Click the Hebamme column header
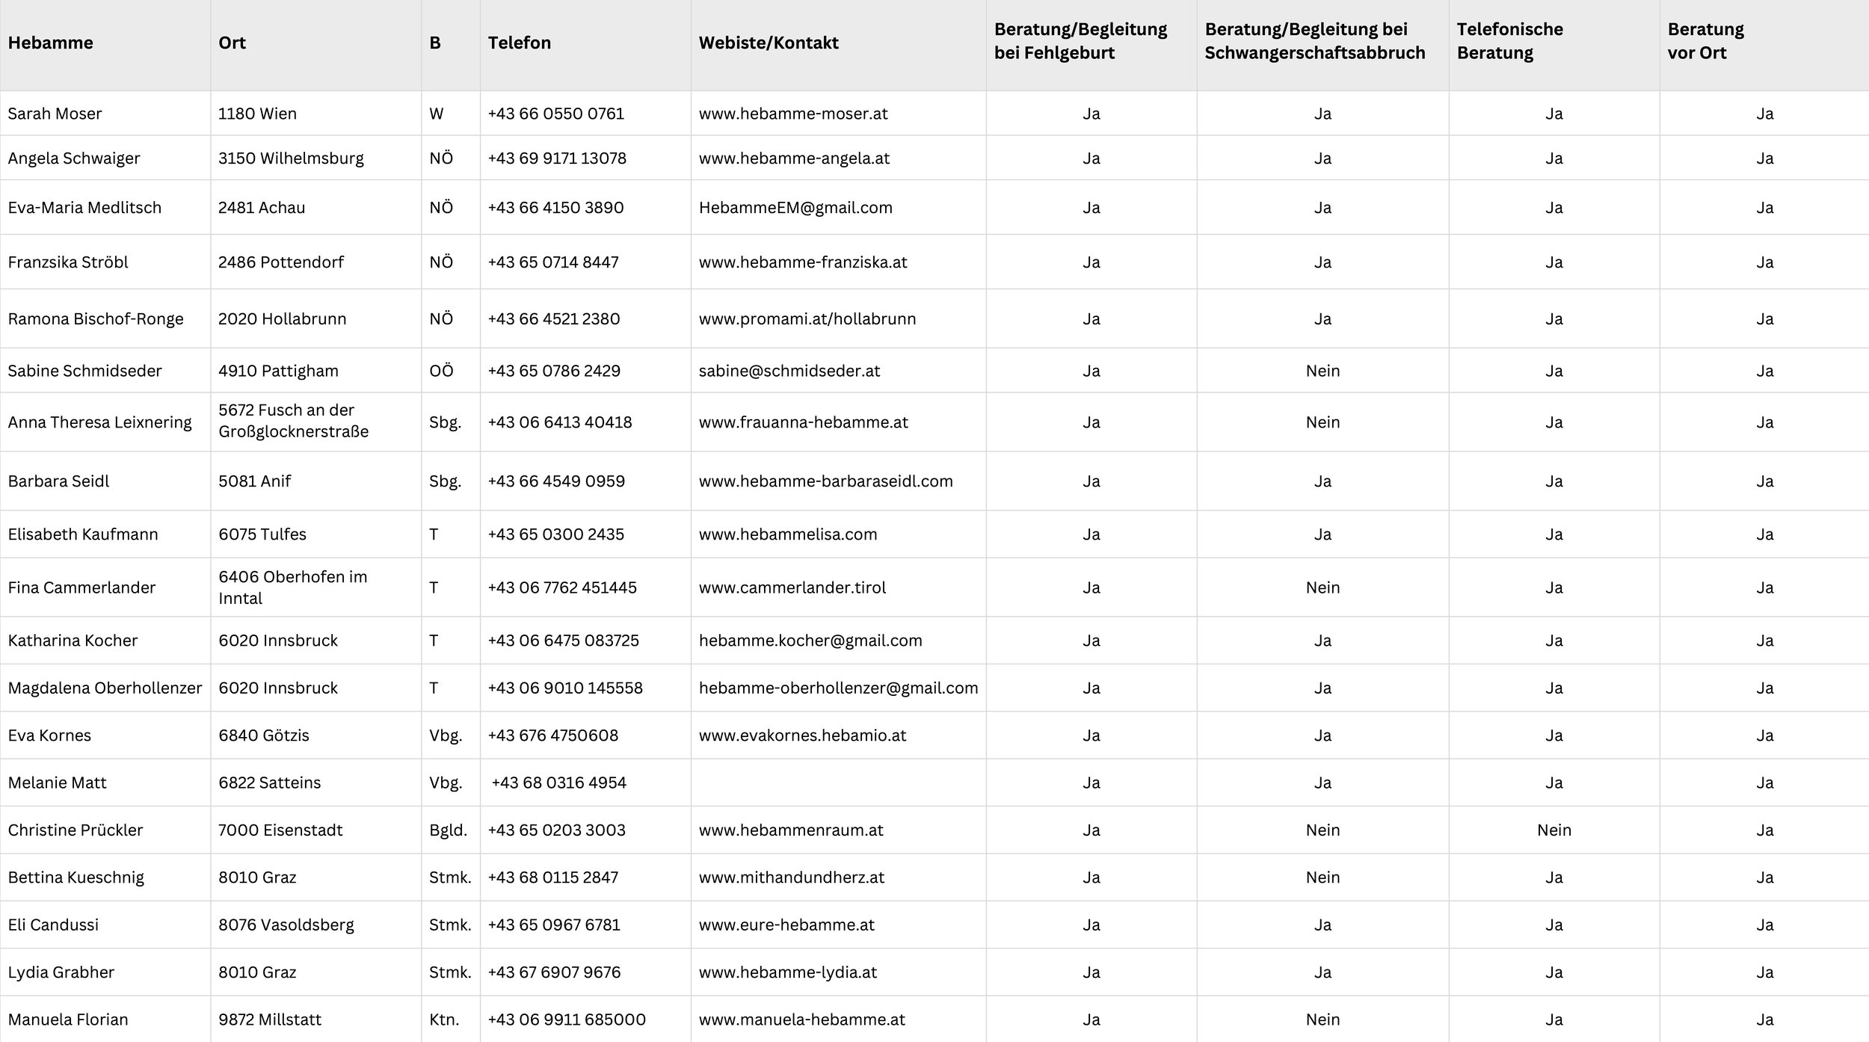50,43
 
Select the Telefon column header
519,43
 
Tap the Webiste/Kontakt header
768,43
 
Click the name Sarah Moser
55,114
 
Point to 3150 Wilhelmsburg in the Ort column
291,158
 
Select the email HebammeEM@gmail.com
795,208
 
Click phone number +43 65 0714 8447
552,262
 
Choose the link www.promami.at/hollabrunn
807,319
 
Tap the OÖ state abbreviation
441,371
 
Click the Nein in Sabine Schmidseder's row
1322,371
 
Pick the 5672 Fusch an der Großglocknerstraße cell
293,421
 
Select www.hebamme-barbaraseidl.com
825,481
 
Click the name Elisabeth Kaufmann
83,534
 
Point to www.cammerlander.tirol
792,588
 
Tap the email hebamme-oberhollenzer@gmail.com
837,688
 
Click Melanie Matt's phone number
558,783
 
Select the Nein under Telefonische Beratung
1554,830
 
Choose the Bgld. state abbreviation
448,830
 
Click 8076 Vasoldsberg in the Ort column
286,925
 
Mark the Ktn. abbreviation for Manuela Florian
444,1020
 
